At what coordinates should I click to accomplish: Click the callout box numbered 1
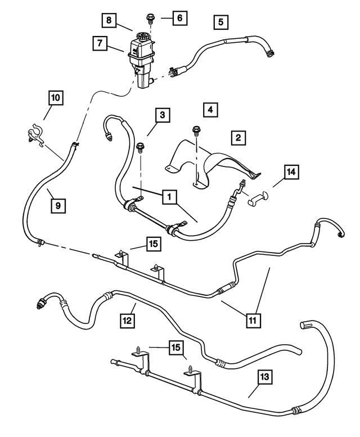point(168,197)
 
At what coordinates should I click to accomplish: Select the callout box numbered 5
point(220,22)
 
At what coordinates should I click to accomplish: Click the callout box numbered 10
point(55,98)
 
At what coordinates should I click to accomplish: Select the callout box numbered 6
point(179,18)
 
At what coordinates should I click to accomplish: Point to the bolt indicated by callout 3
point(139,149)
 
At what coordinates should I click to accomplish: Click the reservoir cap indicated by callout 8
point(142,40)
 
